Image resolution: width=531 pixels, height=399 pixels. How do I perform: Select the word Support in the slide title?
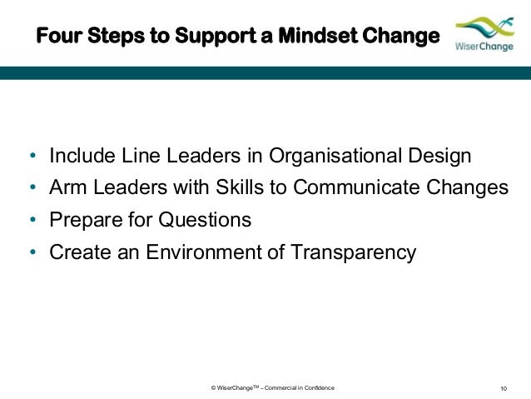click(x=210, y=37)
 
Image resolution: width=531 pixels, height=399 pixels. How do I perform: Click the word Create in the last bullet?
click(x=77, y=252)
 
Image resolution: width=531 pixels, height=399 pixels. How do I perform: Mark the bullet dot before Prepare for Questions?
click(x=32, y=221)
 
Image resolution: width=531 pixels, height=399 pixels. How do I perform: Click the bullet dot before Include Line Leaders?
click(x=32, y=157)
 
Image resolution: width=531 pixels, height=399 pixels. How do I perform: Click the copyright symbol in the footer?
click(x=215, y=388)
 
